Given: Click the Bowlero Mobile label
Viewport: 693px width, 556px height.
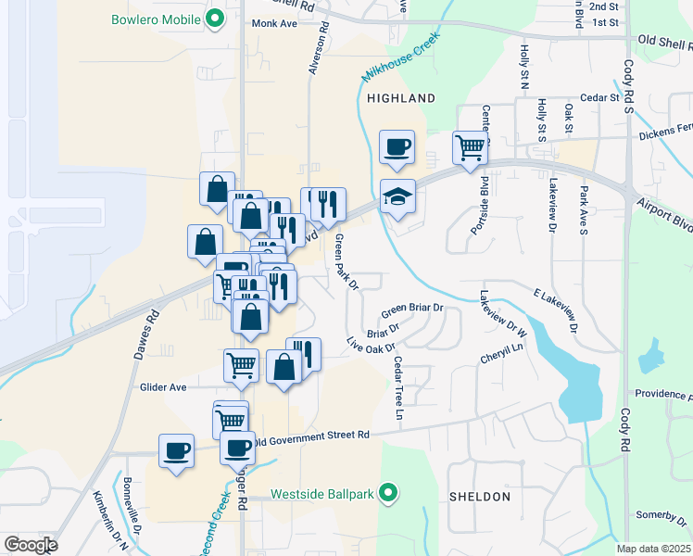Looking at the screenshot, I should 156,19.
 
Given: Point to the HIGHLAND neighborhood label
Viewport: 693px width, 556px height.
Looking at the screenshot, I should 400,97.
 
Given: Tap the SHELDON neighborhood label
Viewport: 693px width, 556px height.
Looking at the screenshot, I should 479,497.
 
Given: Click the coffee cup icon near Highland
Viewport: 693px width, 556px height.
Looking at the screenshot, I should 397,147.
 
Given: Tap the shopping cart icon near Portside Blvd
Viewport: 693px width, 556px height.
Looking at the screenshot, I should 470,146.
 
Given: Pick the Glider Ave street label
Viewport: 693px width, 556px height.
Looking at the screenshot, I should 163,387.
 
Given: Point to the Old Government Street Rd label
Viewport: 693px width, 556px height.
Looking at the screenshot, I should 312,436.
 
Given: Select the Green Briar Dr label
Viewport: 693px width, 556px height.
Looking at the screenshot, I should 413,308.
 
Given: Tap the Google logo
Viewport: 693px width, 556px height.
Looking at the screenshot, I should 31,545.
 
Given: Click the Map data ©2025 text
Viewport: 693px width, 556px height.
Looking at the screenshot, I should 653,549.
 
